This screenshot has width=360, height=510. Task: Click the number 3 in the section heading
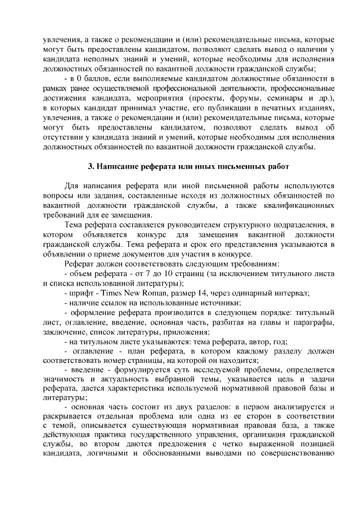click(x=91, y=166)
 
